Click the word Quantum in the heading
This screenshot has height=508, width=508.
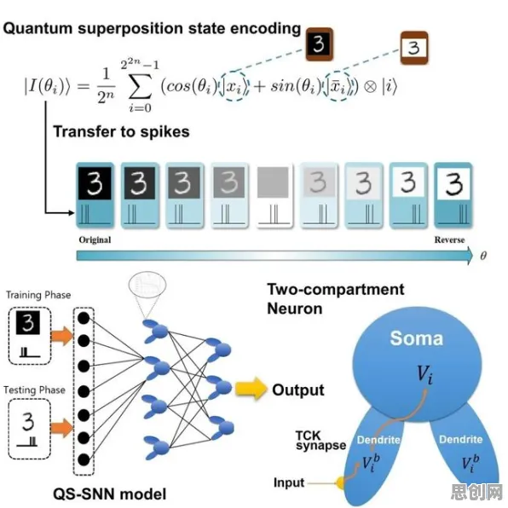point(38,28)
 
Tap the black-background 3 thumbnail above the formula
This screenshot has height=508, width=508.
point(320,44)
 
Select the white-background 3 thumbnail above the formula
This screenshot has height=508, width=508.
point(414,48)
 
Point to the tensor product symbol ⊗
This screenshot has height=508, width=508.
point(370,86)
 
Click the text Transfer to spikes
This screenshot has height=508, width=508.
point(121,131)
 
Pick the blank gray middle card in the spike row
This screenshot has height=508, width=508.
point(274,195)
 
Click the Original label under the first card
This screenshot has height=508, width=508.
point(95,240)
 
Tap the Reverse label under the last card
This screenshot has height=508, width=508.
point(450,240)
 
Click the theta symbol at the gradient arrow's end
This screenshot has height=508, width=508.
point(483,256)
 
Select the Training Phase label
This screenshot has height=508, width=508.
point(38,295)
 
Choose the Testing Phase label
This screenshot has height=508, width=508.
point(34,390)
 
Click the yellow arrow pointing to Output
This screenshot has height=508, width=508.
point(251,389)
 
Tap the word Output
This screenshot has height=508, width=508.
point(298,390)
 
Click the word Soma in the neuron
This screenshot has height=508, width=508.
point(416,338)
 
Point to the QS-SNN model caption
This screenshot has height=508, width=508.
point(109,494)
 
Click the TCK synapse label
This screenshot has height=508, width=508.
point(320,440)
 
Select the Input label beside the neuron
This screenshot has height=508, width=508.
point(289,482)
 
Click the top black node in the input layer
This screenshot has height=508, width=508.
point(84,319)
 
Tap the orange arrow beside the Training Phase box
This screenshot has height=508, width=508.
point(63,336)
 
